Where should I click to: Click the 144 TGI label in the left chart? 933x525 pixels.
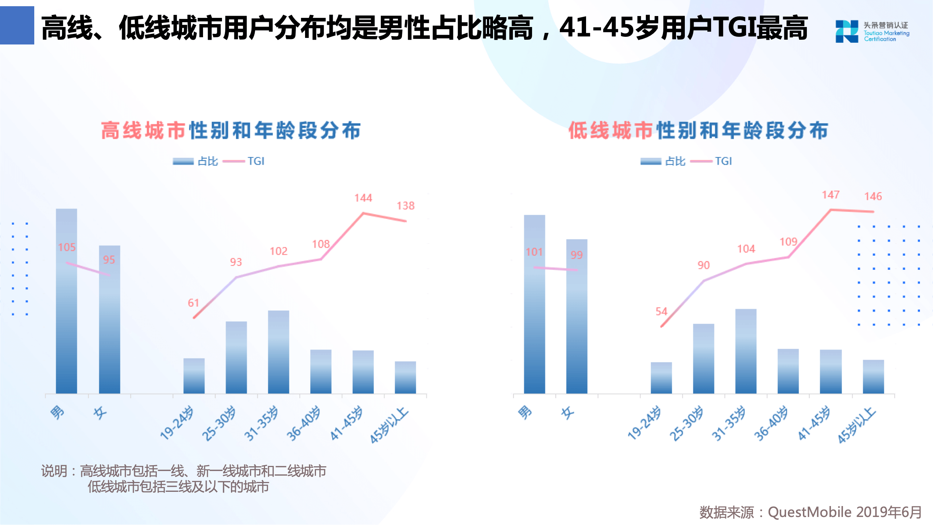point(363,198)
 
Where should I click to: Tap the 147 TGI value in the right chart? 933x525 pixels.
point(831,195)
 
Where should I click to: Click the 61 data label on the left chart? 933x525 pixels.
point(193,303)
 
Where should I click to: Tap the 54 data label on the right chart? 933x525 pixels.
point(661,311)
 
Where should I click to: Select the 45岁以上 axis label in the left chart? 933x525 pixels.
point(389,425)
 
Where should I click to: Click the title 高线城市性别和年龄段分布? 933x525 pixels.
point(231,131)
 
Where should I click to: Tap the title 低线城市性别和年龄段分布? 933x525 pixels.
point(698,131)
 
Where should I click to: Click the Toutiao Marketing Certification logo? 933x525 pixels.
point(872,31)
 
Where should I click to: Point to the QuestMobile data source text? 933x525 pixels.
point(810,512)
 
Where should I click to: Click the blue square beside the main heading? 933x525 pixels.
point(17,25)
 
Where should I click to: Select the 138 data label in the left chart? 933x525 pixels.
point(405,206)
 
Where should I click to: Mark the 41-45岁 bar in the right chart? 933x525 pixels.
point(831,371)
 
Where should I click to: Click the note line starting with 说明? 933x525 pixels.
point(183,471)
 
